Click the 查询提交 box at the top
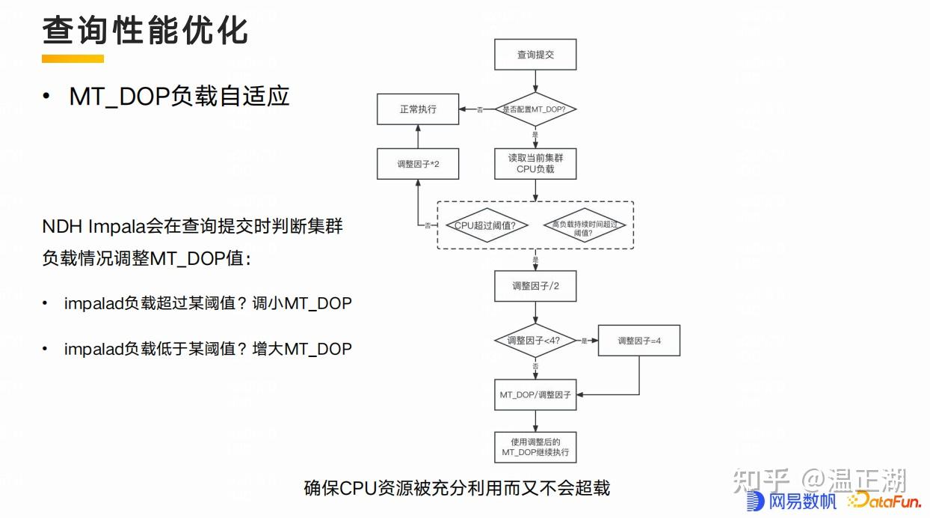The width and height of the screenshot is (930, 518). click(535, 54)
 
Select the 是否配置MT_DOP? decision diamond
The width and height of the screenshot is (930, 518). click(535, 109)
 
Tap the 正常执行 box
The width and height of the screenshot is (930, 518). click(417, 109)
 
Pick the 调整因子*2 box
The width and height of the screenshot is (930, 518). click(417, 163)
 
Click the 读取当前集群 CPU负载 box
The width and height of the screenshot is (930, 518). click(535, 163)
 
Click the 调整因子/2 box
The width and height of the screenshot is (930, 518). click(535, 286)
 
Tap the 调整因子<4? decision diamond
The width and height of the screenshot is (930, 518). click(535, 341)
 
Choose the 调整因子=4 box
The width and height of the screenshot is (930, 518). click(639, 341)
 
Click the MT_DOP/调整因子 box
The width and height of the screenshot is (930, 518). click(535, 394)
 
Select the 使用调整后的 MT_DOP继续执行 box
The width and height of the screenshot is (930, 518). click(535, 447)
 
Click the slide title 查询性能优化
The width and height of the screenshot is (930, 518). click(145, 31)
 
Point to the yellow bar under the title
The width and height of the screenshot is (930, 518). click(73, 58)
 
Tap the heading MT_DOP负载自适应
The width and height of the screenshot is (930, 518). click(179, 97)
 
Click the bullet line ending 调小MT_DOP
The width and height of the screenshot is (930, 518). click(208, 303)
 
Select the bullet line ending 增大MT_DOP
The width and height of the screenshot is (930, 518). click(208, 348)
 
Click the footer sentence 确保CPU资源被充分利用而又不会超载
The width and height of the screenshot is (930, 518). click(457, 488)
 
